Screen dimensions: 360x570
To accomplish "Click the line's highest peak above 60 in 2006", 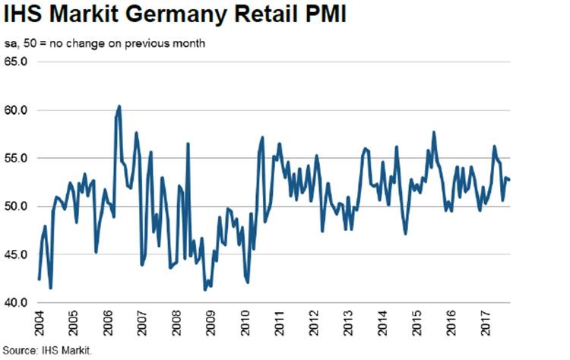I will (x=119, y=106).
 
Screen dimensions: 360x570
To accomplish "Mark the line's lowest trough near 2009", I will (x=205, y=289).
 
